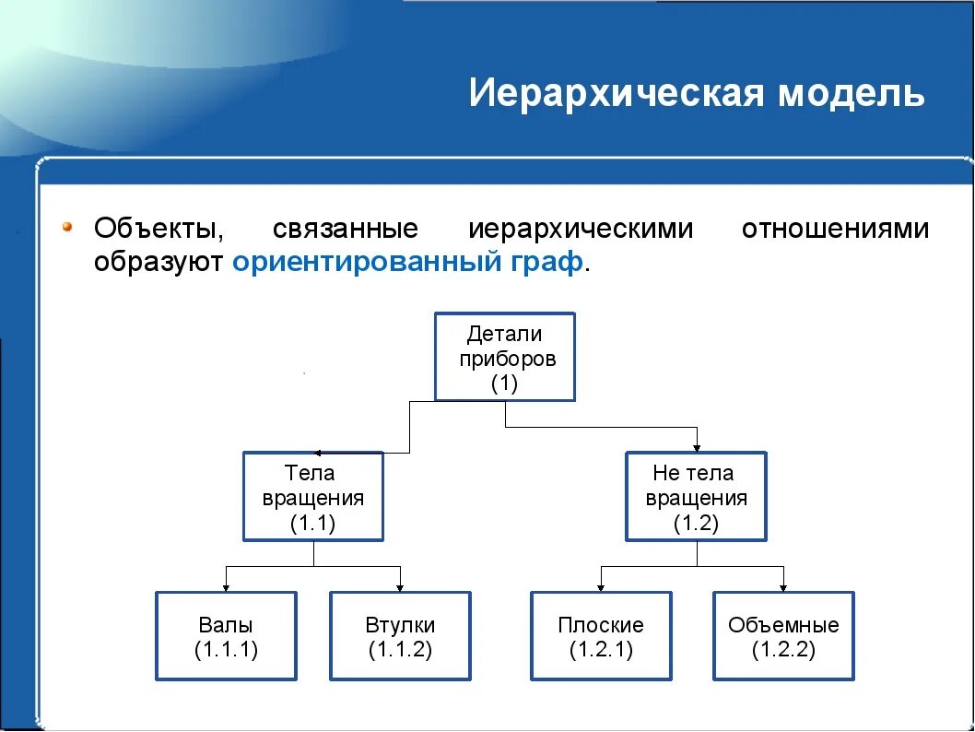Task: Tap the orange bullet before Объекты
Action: point(67,227)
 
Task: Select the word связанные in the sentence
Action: point(346,229)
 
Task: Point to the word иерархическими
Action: point(581,229)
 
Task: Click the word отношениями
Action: point(835,229)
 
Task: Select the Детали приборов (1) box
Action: point(504,357)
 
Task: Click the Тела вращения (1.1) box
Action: point(313,496)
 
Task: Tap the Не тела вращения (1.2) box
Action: point(696,496)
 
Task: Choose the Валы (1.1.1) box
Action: point(226,636)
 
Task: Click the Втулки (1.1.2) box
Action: point(400,636)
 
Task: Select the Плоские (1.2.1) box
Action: point(601,636)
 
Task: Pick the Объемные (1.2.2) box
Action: point(783,636)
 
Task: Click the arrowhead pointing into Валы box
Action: point(226,586)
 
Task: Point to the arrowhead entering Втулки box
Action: point(400,586)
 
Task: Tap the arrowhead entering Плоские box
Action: point(601,586)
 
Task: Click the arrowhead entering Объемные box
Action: point(783,586)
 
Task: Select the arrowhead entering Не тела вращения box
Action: point(698,446)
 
